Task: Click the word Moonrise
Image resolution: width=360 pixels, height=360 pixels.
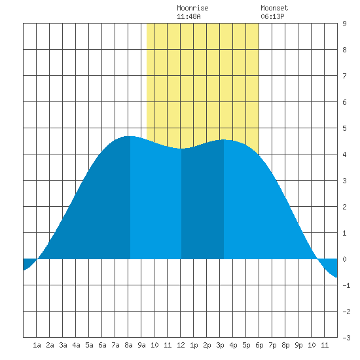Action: tap(192, 8)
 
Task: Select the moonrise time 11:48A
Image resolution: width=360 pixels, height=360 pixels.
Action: tap(189, 16)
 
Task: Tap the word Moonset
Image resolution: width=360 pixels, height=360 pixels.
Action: tap(274, 8)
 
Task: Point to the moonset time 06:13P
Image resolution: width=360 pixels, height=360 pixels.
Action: tap(272, 16)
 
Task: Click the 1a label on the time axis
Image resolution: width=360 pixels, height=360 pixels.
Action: tap(37, 345)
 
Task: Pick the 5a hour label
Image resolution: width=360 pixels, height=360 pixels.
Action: tap(89, 345)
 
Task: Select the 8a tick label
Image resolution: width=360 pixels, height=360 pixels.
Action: tap(128, 345)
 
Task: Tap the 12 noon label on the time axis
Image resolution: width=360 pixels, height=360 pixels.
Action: tap(181, 345)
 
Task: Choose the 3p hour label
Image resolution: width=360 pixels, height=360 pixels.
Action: tap(220, 345)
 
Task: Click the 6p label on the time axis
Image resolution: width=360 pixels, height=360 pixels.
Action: tap(259, 345)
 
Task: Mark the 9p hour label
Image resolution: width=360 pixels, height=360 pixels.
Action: tap(298, 345)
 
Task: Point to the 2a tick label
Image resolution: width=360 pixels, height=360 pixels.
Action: tap(50, 345)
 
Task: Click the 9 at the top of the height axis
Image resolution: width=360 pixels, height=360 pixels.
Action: tap(344, 24)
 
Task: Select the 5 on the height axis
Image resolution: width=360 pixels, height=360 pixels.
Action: tap(344, 128)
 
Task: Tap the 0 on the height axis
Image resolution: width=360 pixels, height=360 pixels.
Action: tap(344, 259)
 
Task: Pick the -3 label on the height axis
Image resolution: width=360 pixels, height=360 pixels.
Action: tap(346, 338)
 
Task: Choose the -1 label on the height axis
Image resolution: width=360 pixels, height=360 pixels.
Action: tap(346, 285)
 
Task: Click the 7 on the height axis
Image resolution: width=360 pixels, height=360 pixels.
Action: tap(344, 76)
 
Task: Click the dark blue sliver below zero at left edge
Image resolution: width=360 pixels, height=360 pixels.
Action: tap(27, 263)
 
